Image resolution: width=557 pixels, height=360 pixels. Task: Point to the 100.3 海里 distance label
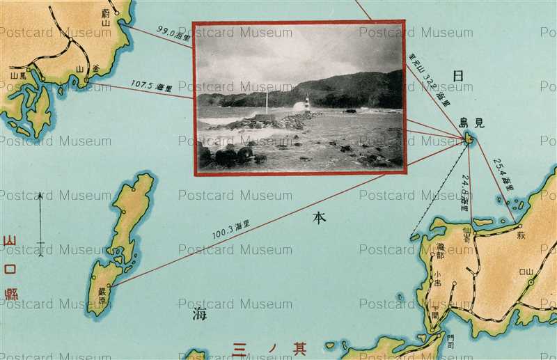231,229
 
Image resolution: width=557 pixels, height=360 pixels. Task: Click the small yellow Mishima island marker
469,139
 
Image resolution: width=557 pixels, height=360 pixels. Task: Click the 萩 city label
521,235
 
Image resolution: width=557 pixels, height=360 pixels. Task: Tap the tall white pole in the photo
266,102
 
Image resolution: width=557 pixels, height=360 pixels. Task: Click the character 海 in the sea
199,315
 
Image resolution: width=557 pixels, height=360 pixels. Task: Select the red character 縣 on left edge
10,294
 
